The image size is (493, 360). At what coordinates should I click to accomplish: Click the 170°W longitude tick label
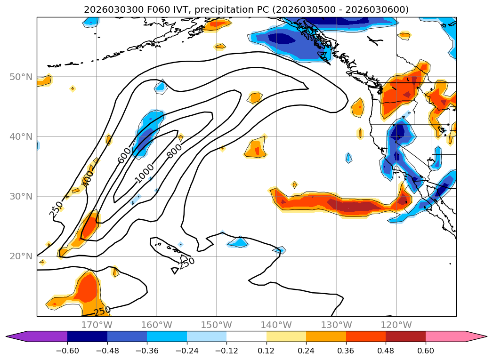(x=97, y=325)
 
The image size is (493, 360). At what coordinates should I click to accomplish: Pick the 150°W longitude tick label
(x=216, y=325)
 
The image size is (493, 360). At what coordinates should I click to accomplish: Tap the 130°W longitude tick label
(x=336, y=325)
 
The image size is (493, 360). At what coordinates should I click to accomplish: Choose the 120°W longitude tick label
(x=396, y=325)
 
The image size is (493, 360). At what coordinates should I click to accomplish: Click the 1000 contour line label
(x=144, y=174)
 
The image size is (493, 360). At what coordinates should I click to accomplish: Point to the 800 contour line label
(x=174, y=149)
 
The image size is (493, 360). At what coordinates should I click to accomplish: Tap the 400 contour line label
(x=88, y=178)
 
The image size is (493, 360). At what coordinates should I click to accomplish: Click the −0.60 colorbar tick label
(x=67, y=351)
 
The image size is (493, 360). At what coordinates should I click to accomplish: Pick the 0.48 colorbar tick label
(x=386, y=351)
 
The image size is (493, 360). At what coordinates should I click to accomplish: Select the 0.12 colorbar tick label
(x=267, y=351)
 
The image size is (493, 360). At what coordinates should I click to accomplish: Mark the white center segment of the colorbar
(x=246, y=336)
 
